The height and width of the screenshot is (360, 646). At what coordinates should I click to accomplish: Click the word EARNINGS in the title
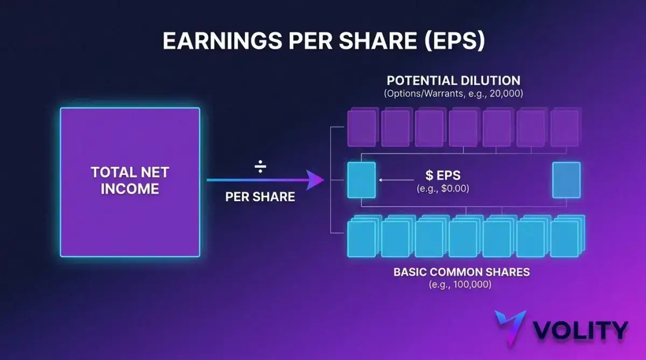point(222,41)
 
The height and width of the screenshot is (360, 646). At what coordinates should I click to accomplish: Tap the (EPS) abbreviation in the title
point(455,41)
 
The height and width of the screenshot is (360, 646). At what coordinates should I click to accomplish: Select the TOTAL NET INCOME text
point(130,180)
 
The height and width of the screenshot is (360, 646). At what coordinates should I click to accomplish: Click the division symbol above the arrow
point(260,166)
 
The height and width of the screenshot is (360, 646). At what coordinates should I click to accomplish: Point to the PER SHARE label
point(260,197)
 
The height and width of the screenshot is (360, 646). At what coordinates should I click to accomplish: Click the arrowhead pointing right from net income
point(315,180)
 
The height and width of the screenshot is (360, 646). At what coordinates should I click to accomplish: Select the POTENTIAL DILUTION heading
point(454,80)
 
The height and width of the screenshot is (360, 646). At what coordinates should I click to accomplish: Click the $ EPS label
point(443,175)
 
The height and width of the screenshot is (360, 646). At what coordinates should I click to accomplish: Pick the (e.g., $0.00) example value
point(443,188)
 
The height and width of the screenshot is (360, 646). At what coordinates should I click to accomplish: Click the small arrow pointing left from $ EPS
point(396,180)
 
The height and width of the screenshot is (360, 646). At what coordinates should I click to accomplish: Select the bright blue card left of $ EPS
point(361,180)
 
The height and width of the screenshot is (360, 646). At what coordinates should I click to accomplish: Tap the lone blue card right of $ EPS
point(566,180)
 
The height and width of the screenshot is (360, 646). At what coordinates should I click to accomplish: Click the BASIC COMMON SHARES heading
point(462,272)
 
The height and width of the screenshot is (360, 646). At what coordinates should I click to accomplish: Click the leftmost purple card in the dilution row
point(362,128)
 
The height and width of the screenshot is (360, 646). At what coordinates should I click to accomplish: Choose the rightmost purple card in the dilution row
point(565,128)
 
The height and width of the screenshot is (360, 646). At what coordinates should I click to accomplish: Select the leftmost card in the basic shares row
point(363,237)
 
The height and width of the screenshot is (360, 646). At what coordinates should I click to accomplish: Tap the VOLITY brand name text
point(580,330)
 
